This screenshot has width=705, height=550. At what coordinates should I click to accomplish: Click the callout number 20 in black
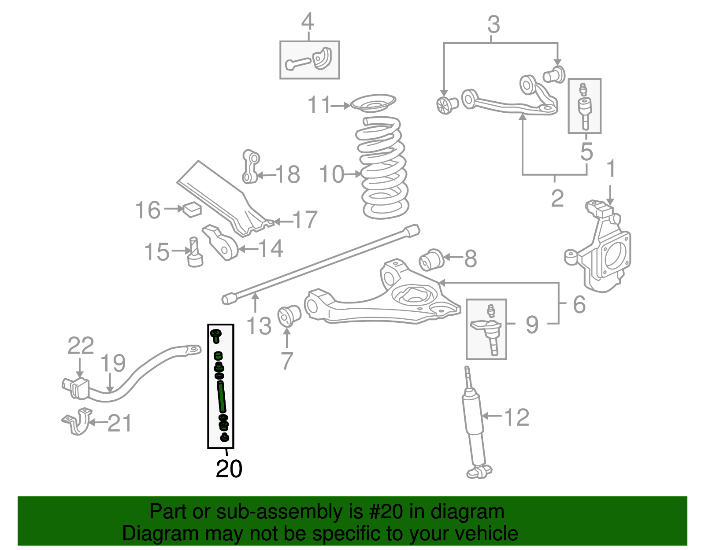(229, 469)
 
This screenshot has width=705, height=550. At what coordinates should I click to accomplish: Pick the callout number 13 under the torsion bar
(259, 326)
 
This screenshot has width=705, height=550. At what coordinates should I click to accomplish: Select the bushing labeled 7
(289, 315)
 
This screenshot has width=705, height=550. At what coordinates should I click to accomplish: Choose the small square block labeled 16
(192, 209)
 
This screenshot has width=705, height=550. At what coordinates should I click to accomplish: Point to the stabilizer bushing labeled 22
(76, 387)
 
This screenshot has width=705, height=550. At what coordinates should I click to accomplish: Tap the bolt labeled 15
(194, 253)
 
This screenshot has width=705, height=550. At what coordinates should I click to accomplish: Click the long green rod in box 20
(222, 396)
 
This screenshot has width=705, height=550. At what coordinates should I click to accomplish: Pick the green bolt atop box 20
(216, 335)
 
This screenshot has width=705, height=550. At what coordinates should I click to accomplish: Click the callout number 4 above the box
(307, 22)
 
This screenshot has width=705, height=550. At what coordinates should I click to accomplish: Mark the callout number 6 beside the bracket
(579, 304)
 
